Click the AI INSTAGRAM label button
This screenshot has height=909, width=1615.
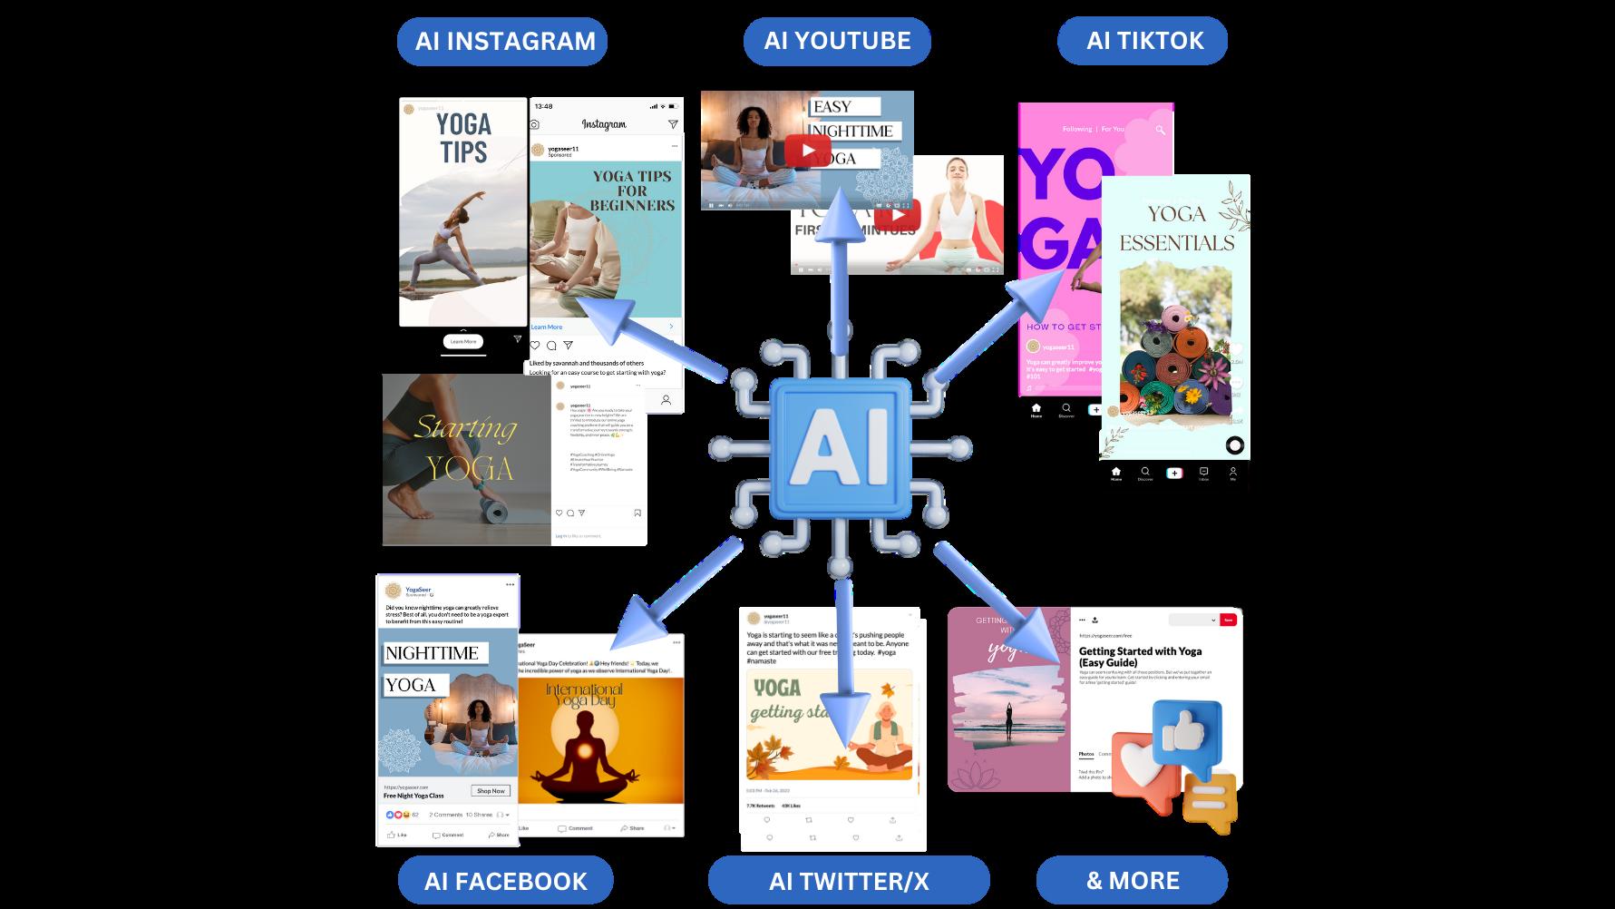pyautogui.click(x=502, y=42)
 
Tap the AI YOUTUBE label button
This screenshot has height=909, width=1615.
pyautogui.click(x=837, y=42)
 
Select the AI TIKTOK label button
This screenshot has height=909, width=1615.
pyautogui.click(x=1143, y=42)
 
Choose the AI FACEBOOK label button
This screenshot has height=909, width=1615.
pyautogui.click(x=505, y=881)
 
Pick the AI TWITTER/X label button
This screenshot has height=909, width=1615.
pyautogui.click(x=848, y=881)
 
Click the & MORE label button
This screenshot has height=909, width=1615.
pyautogui.click(x=1132, y=881)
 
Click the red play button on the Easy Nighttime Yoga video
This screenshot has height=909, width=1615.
pyautogui.click(x=808, y=151)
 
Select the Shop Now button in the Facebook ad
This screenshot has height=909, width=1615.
pyautogui.click(x=491, y=791)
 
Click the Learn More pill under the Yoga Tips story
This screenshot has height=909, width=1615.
pyautogui.click(x=463, y=342)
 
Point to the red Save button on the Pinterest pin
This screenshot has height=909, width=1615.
pyautogui.click(x=1228, y=620)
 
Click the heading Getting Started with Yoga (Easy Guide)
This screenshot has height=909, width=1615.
pyautogui.click(x=1140, y=657)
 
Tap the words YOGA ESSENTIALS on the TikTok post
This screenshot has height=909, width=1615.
pyautogui.click(x=1176, y=229)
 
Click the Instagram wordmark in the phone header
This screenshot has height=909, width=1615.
pyautogui.click(x=603, y=124)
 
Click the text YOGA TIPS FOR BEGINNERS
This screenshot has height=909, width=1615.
pyautogui.click(x=632, y=191)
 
